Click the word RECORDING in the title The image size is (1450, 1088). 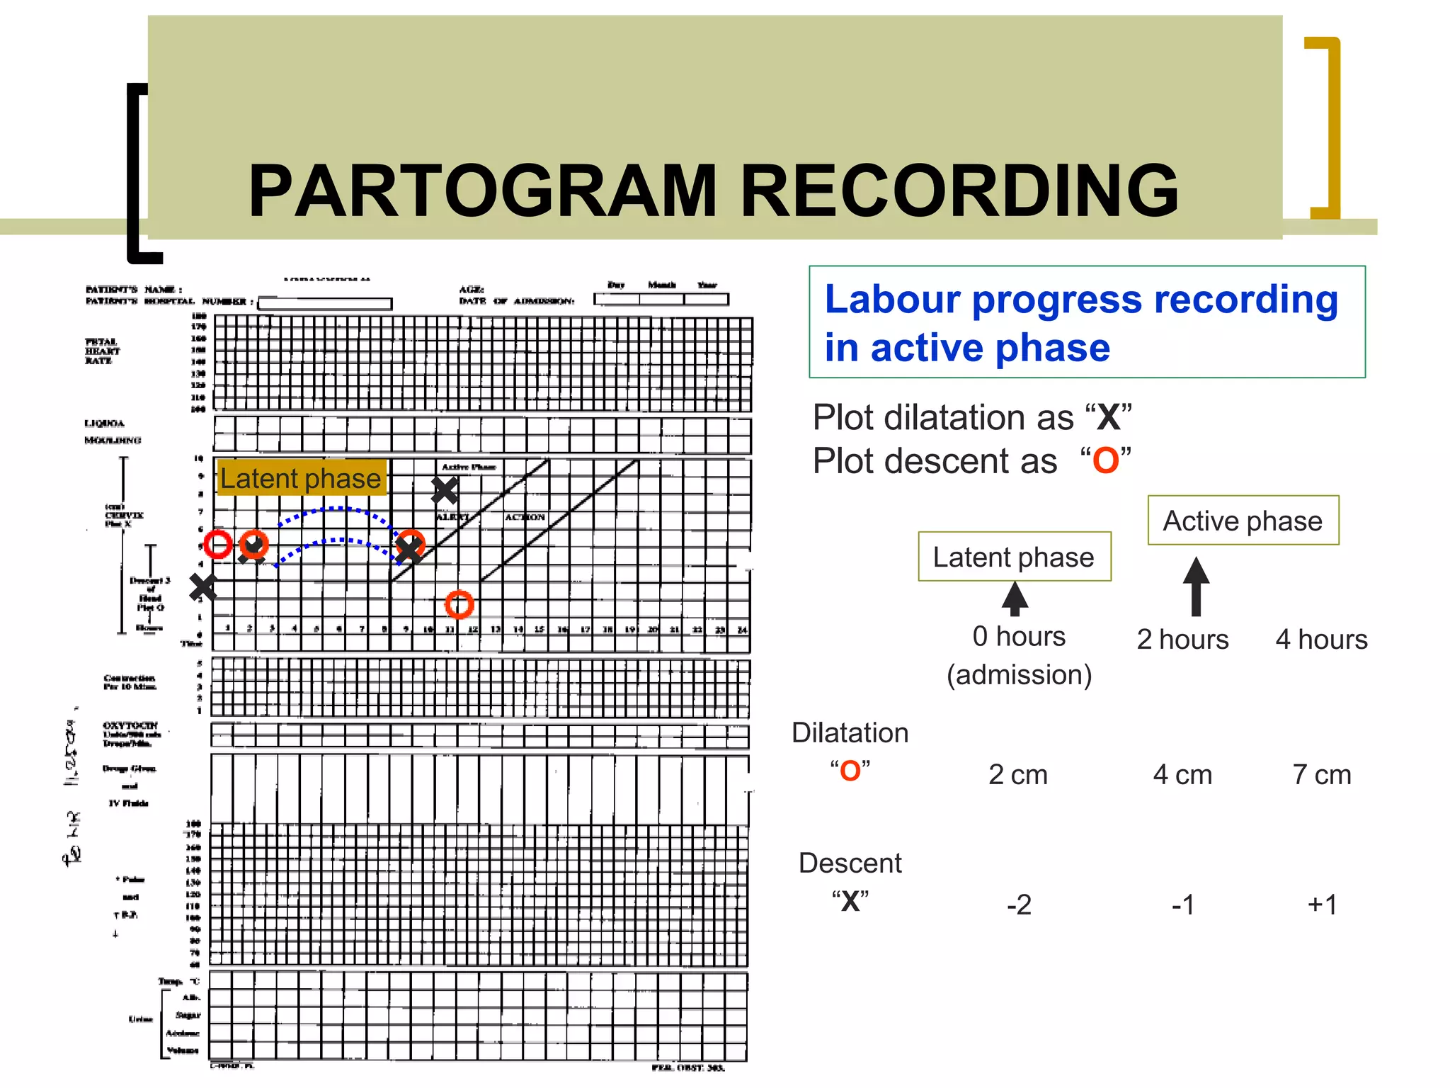tap(959, 191)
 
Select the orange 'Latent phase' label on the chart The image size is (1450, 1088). tap(301, 478)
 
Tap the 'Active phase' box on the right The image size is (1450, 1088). tap(1243, 521)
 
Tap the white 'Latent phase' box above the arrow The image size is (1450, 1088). tap(1014, 557)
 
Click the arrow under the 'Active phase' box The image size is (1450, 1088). tap(1196, 586)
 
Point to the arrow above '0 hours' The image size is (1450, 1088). tap(1015, 599)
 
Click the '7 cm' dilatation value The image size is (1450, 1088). tap(1321, 774)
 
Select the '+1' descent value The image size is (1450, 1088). tap(1322, 905)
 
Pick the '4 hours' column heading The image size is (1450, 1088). tap(1321, 640)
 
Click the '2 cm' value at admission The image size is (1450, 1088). tap(1017, 774)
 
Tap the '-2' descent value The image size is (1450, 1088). tap(1019, 905)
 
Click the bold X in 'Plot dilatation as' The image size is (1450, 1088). tap(1108, 417)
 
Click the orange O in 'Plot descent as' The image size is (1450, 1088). tap(1105, 461)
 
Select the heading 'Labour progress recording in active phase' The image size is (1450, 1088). tap(1086, 322)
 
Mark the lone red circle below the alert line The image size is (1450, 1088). tap(459, 604)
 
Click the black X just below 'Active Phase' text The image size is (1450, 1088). tap(445, 490)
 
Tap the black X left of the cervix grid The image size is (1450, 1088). tap(203, 587)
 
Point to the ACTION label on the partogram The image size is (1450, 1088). tap(525, 517)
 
